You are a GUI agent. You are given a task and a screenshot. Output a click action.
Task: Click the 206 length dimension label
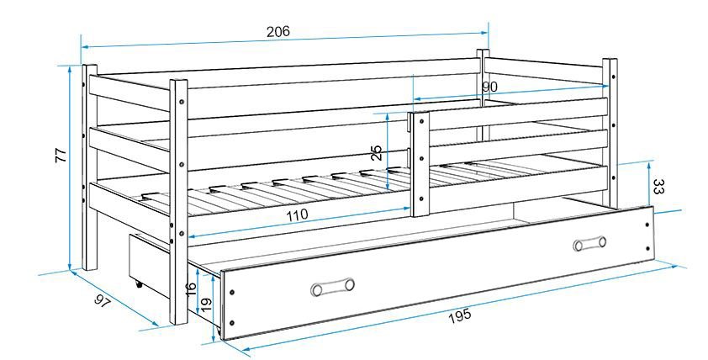click(x=277, y=32)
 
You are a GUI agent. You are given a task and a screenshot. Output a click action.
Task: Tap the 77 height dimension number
click(x=61, y=155)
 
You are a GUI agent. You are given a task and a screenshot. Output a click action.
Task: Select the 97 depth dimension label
click(x=103, y=301)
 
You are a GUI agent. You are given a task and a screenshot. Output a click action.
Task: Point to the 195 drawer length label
click(x=460, y=315)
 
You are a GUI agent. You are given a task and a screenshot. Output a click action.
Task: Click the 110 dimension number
click(x=296, y=214)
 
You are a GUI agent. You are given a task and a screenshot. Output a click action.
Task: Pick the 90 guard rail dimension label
click(x=489, y=87)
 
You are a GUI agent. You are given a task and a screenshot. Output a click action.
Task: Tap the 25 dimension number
click(x=377, y=153)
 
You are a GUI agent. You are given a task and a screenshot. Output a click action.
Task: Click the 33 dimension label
click(x=658, y=186)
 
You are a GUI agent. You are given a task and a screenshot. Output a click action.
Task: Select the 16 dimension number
click(x=191, y=289)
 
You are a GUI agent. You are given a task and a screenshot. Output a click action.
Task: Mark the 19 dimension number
click(x=205, y=304)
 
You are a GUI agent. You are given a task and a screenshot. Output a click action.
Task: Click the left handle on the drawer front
click(x=332, y=287)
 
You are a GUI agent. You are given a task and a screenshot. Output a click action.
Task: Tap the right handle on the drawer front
click(x=589, y=243)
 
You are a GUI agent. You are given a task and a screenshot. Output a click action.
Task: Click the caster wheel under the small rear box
click(x=139, y=284)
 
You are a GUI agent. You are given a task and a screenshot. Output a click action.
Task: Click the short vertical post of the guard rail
click(x=420, y=163)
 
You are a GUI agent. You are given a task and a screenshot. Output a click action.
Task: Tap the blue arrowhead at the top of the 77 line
click(x=70, y=68)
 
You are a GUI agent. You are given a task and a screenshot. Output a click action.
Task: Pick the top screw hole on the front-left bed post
click(x=182, y=102)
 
